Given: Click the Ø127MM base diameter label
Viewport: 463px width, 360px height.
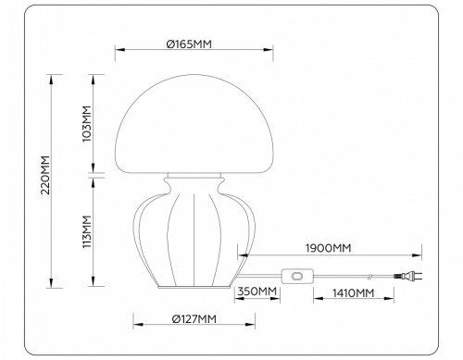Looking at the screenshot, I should [194, 319].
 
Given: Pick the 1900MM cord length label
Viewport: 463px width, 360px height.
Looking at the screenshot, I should [329, 248].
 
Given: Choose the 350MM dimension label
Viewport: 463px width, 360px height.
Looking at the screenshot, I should [258, 292].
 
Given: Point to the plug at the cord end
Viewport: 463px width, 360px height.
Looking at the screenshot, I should [408, 276].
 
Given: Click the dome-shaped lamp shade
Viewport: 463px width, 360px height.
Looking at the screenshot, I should [194, 120].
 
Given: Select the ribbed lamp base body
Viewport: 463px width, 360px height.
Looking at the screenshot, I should [194, 231].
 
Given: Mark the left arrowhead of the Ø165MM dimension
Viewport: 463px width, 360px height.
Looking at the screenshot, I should [117, 52].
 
